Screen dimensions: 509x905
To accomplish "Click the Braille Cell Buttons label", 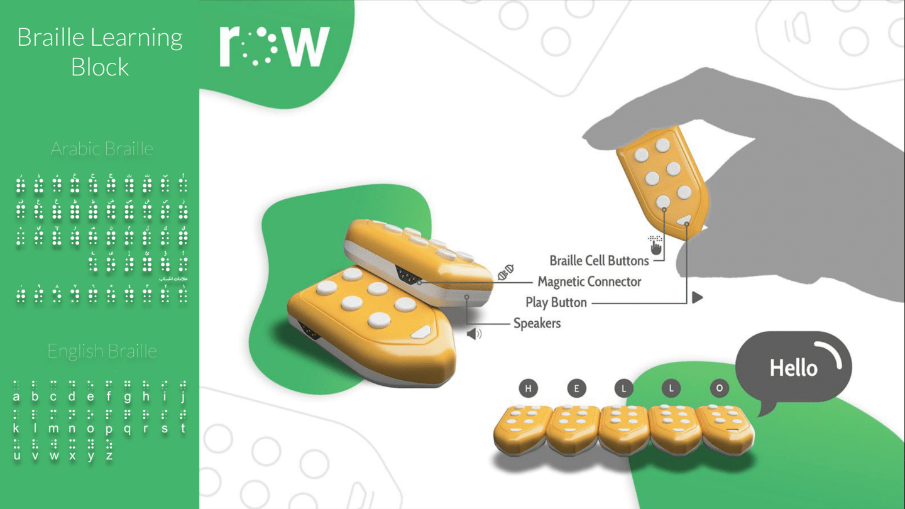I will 598,260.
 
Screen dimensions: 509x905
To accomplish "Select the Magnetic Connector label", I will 589,282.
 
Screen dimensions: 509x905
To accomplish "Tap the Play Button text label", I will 556,302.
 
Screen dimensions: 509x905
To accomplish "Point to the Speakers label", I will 537,323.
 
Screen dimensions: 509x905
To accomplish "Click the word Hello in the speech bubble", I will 793,368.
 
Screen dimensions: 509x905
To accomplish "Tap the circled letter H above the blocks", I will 528,388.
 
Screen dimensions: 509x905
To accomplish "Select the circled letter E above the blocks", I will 576,388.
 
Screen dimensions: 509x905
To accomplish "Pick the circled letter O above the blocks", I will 719,388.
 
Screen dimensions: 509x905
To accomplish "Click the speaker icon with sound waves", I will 474,333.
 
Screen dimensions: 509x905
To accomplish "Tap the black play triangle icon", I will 697,297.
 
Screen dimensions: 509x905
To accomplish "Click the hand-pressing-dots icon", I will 655,246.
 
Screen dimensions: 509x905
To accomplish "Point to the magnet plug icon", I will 506,272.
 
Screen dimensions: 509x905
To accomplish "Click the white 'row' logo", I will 275,46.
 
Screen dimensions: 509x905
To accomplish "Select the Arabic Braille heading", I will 102,149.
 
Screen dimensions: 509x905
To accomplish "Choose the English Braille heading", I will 102,351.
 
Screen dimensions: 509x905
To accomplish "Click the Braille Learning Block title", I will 100,52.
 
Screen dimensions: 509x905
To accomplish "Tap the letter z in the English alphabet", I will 109,456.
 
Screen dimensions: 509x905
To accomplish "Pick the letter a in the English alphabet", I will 16,397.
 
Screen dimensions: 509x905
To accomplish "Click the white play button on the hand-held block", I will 684,220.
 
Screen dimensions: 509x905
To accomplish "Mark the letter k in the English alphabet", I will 16,428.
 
